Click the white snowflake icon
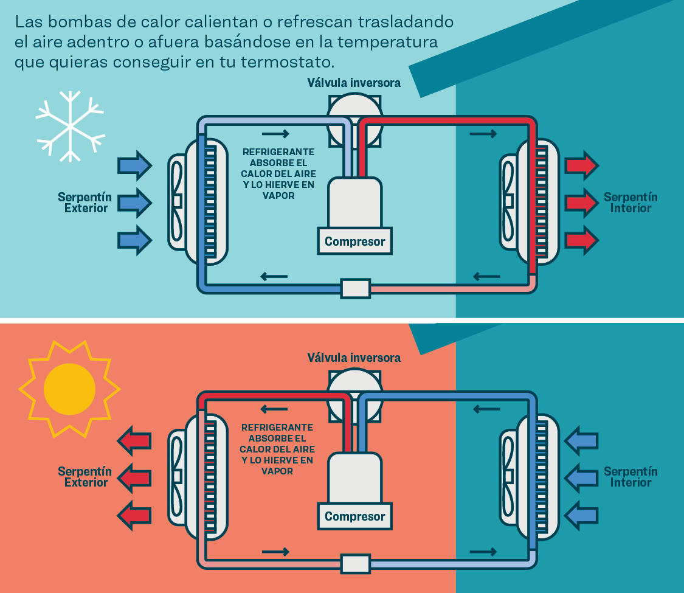point(70,127)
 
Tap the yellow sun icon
point(69,389)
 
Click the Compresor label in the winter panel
point(354,241)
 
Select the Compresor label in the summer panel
point(354,516)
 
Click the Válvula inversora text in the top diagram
point(354,83)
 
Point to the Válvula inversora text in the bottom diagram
point(354,358)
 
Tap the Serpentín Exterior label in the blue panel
point(85,203)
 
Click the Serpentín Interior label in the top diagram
point(630,203)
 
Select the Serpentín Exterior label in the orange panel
point(85,477)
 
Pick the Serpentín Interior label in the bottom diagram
point(630,477)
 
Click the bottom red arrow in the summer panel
point(134,514)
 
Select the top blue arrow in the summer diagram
point(581,440)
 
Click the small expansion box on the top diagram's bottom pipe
point(355,288)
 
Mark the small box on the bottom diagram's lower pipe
point(355,563)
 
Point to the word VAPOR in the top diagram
point(278,196)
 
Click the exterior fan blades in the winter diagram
point(177,201)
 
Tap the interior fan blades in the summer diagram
point(509,476)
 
